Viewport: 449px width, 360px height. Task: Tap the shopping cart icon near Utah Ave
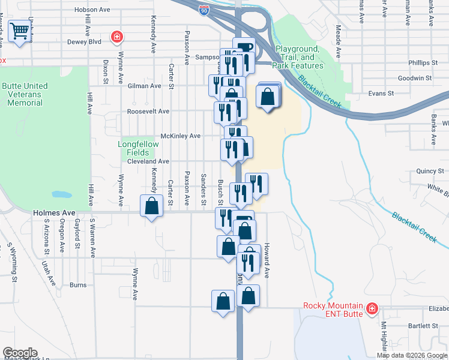pyautogui.click(x=20, y=31)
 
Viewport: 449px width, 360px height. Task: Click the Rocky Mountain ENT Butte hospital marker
pyautogui.click(x=372, y=309)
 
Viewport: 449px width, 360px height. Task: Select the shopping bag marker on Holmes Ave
pyautogui.click(x=152, y=206)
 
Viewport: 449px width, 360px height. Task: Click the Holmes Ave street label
pyautogui.click(x=54, y=212)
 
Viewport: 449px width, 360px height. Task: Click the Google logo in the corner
pyautogui.click(x=19, y=353)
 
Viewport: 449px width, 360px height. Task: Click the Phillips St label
pyautogui.click(x=421, y=62)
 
